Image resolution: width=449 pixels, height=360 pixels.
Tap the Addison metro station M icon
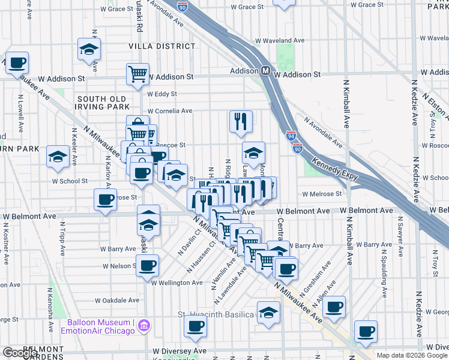coord(265,71)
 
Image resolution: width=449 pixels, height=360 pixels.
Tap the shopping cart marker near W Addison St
coord(137,74)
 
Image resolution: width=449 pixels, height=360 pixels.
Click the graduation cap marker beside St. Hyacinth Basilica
coord(268,311)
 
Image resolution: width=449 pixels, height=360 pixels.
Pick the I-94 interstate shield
coord(291,136)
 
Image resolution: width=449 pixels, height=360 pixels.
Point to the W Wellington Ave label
coord(177,283)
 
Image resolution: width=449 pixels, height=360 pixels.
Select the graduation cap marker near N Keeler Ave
coord(58,157)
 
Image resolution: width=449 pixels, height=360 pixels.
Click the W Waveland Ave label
coord(285,41)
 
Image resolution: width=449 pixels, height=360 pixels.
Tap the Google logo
coord(20,353)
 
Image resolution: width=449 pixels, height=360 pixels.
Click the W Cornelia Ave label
coord(170,111)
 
